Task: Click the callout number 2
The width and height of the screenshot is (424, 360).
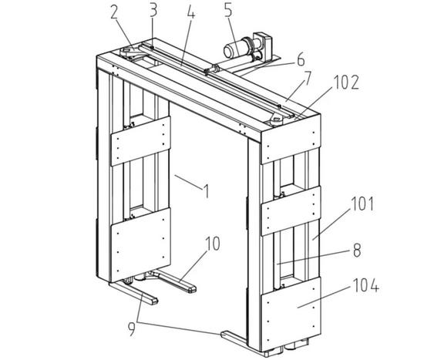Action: point(115,13)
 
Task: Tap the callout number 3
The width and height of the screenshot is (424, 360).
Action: point(153,10)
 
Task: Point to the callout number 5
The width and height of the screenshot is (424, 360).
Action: point(228,11)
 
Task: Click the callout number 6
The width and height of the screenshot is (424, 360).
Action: point(301,60)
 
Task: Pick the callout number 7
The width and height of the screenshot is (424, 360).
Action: point(307,78)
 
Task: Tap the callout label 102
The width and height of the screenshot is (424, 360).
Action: point(346,82)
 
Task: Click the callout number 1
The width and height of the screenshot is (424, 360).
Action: point(207,191)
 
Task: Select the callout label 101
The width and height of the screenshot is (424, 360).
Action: point(362,204)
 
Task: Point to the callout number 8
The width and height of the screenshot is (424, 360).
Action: point(357,251)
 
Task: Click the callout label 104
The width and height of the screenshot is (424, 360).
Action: point(365,285)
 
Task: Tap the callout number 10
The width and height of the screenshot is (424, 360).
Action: point(213,244)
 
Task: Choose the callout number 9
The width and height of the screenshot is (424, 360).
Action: point(131,330)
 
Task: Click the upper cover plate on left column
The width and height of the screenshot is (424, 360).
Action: point(140,141)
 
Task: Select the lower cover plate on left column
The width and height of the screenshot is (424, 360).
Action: point(140,245)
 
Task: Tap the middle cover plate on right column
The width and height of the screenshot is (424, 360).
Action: point(291,211)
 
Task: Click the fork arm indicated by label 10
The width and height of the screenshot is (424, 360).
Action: point(173,282)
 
